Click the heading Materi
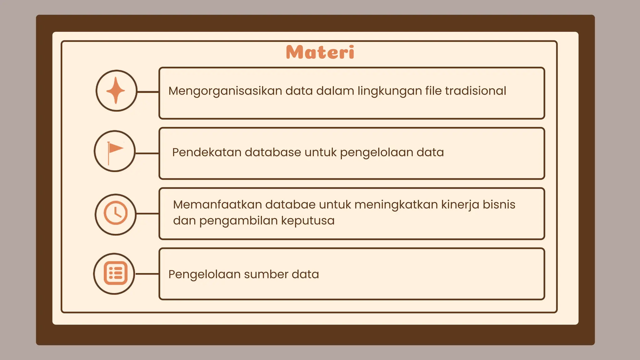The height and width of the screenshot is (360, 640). point(320,52)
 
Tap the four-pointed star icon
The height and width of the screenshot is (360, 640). point(116,90)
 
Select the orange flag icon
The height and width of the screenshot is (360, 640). point(115,151)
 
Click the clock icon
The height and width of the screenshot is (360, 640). point(116,213)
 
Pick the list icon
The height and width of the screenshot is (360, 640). point(115,273)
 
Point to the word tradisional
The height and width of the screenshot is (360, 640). point(475,91)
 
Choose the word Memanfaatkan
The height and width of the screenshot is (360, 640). point(217,205)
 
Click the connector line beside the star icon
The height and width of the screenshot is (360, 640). point(148,92)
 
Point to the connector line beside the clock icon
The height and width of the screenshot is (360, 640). point(147,214)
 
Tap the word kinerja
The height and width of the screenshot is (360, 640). point(460,205)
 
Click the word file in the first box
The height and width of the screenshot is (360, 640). point(433,91)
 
